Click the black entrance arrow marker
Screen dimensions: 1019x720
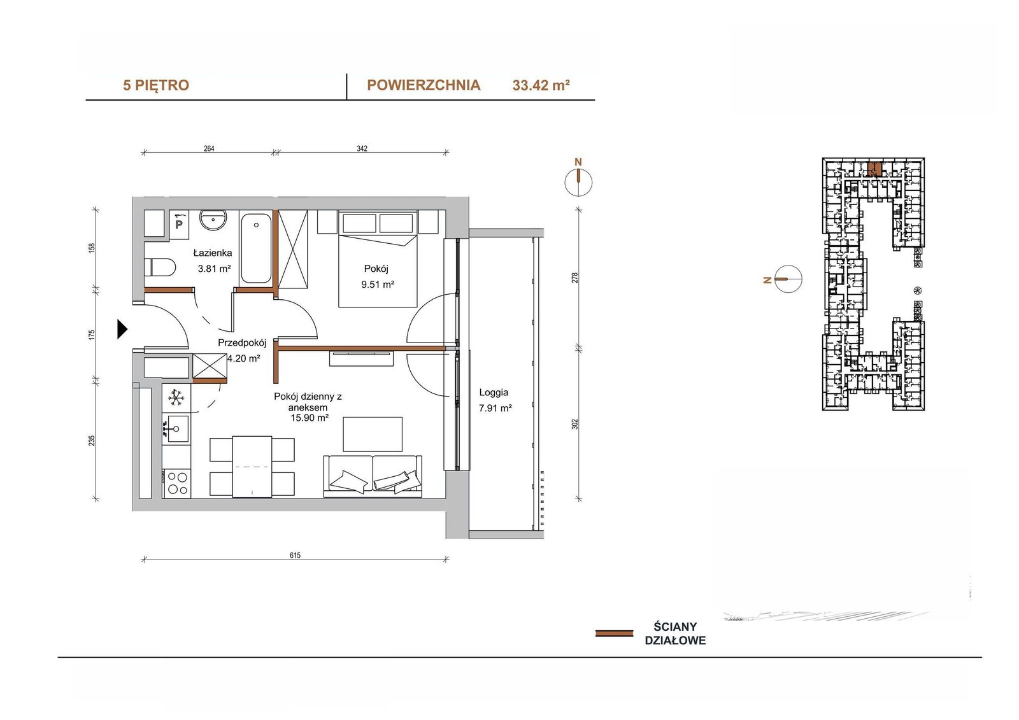click(122, 329)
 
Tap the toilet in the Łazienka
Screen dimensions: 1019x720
click(160, 267)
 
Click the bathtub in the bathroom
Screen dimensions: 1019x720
click(256, 248)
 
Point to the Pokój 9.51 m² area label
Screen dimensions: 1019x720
click(377, 276)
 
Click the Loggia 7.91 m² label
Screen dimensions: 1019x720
click(495, 400)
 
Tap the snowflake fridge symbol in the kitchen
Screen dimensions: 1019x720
click(176, 398)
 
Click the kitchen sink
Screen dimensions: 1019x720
click(178, 428)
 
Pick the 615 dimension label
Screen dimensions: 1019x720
click(295, 555)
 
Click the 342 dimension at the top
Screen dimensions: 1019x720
click(362, 148)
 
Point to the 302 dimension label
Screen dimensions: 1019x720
click(574, 424)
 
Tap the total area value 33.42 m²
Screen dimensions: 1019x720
click(541, 85)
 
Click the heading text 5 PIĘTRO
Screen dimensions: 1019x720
click(156, 85)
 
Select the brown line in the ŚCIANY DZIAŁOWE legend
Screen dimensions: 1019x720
click(614, 633)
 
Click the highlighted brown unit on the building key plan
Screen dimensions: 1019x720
click(874, 169)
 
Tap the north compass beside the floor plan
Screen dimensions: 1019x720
click(578, 183)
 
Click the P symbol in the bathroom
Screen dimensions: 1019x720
click(179, 224)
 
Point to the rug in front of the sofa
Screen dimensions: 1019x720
click(373, 434)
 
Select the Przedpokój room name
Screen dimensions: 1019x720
click(242, 342)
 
